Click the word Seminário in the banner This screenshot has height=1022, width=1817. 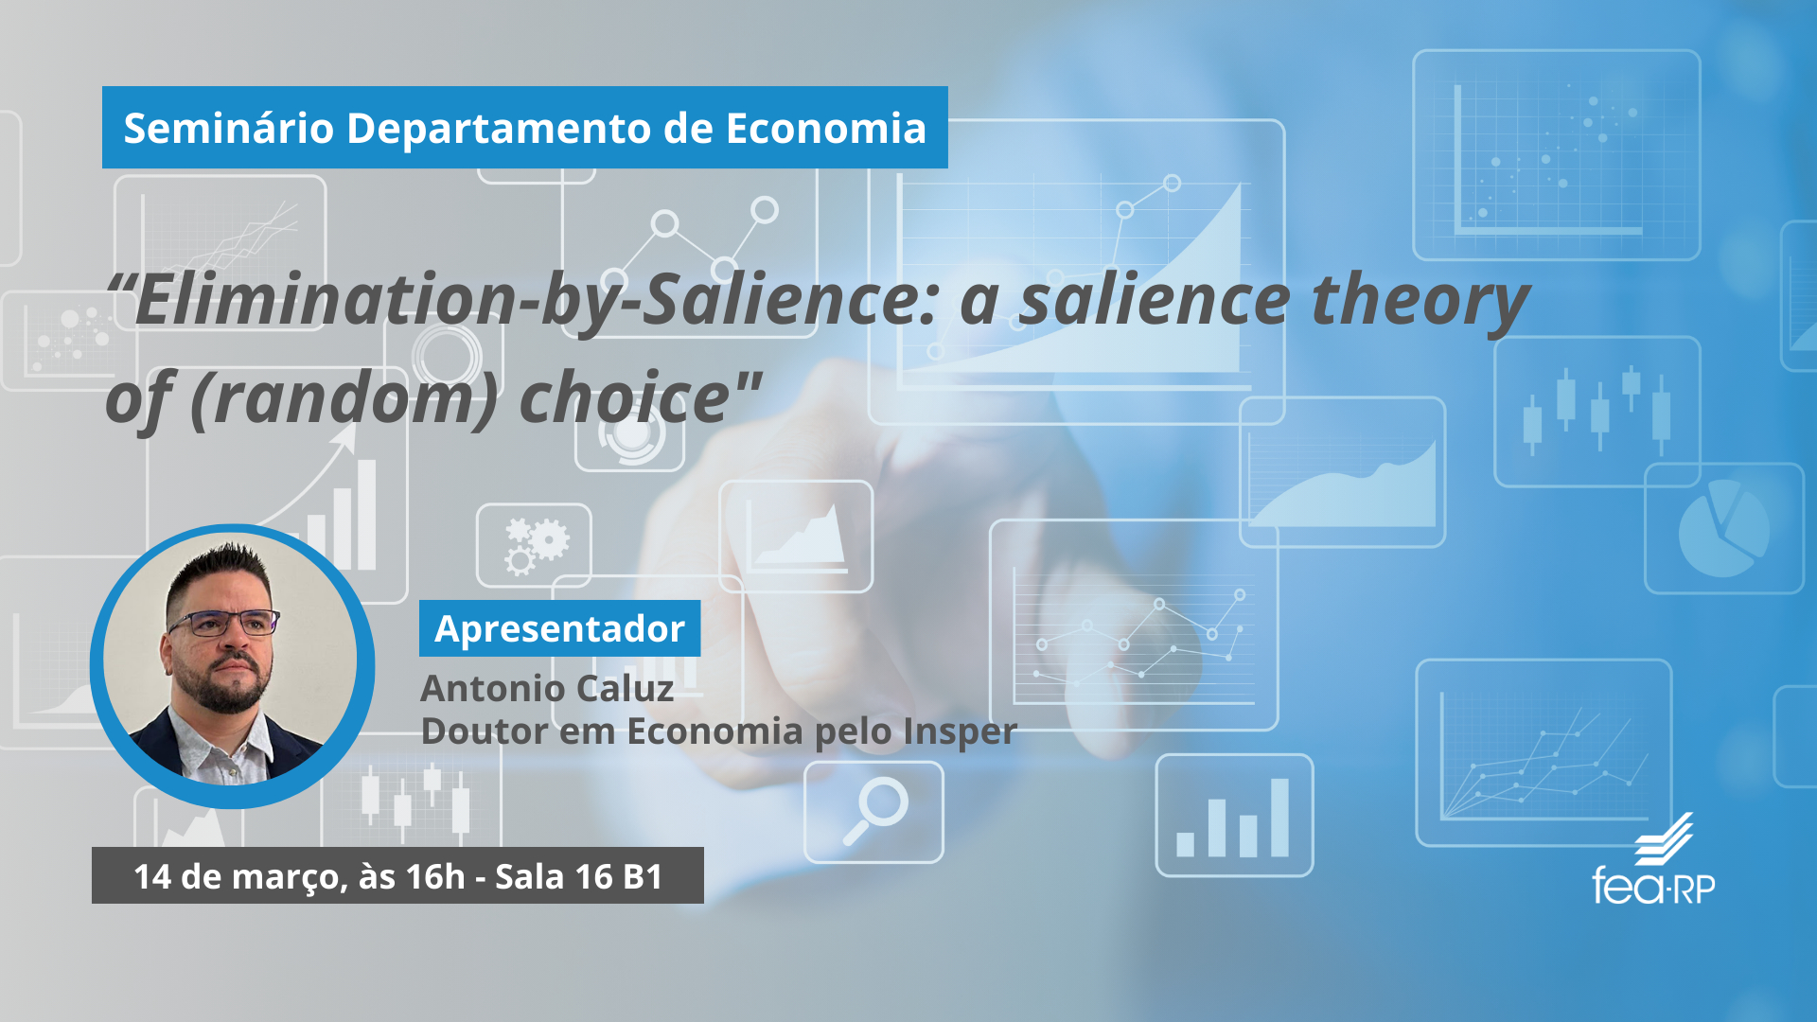(228, 128)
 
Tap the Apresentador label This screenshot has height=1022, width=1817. (559, 628)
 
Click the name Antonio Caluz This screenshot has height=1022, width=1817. (547, 688)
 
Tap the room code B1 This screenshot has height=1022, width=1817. (643, 876)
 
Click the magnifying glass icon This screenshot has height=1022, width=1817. (875, 810)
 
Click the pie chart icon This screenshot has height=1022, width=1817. (1723, 528)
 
